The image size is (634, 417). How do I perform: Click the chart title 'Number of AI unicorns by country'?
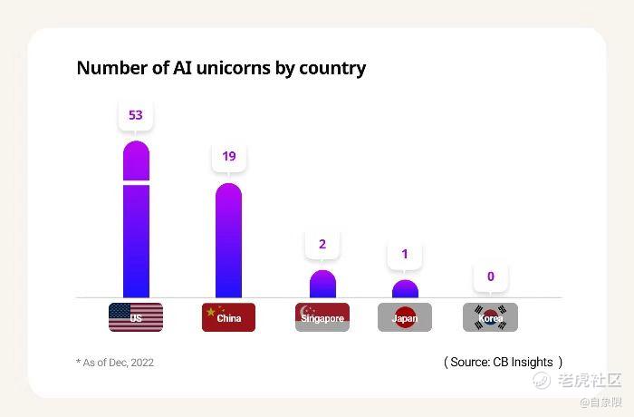tap(221, 68)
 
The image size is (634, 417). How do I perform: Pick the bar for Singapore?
tap(322, 285)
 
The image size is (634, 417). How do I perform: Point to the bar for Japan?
tap(405, 289)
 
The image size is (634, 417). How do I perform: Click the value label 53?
tap(136, 115)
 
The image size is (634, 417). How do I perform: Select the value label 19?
tap(229, 156)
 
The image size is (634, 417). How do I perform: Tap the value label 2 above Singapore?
tap(322, 244)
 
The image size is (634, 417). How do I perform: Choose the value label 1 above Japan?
tap(405, 254)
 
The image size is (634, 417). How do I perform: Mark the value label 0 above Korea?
tap(491, 276)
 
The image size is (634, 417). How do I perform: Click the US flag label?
tap(136, 317)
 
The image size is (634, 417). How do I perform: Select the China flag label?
tap(228, 317)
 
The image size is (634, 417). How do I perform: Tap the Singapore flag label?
tap(322, 317)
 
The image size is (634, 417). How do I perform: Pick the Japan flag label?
tap(405, 317)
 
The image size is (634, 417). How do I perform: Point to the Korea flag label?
tap(491, 317)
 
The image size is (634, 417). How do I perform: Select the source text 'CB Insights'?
tap(523, 362)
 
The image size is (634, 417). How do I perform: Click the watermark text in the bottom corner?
tap(589, 380)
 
